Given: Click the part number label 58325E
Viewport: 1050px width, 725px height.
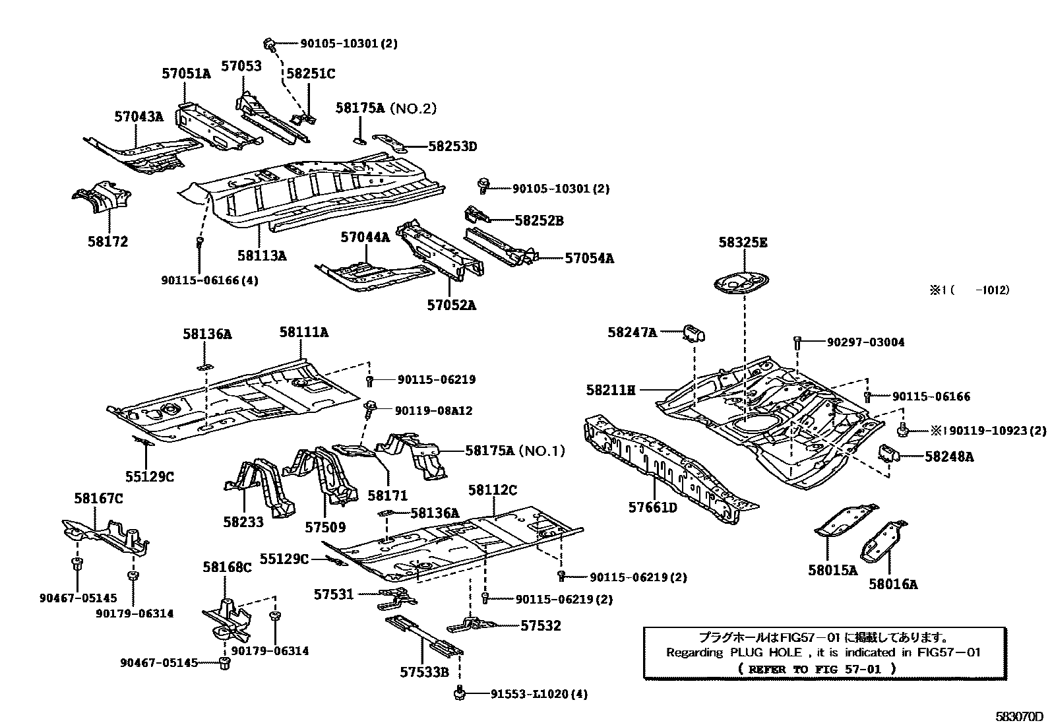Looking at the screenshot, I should (x=743, y=243).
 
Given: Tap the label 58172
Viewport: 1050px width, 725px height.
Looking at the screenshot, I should (x=108, y=241).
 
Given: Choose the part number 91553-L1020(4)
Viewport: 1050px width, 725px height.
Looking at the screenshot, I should (x=539, y=694).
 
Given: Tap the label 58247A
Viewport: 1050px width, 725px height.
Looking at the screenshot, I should (x=632, y=333).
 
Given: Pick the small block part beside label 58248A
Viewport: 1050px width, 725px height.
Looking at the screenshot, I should (x=888, y=455).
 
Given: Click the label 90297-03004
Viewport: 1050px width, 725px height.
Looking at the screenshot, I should (x=865, y=342).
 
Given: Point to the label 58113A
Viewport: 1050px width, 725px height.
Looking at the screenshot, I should (x=262, y=255).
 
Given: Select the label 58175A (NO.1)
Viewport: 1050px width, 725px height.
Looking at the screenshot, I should (x=514, y=451).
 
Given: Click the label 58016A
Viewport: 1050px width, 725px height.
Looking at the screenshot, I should (x=893, y=584).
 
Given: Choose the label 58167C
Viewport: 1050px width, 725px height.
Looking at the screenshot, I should (x=98, y=499).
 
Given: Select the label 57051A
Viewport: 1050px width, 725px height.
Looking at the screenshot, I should (x=186, y=74).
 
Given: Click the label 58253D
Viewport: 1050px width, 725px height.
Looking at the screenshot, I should (x=452, y=146).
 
